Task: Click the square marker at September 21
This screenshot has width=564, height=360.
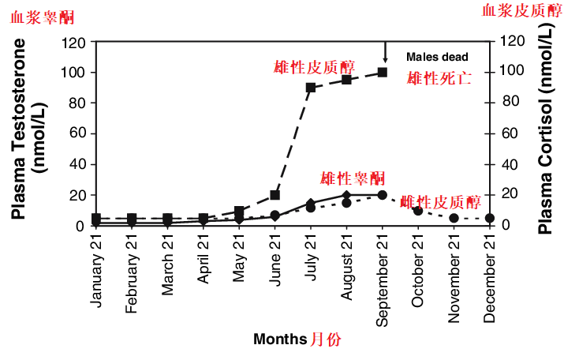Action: click(383, 73)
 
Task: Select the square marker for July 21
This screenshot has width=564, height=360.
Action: click(311, 88)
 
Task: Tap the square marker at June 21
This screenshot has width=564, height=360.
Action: click(275, 195)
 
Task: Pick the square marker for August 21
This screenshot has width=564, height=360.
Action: click(346, 80)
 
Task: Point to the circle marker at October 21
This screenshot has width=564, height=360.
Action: click(418, 211)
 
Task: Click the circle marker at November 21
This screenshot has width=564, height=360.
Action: click(454, 218)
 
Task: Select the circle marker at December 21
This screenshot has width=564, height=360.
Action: click(490, 218)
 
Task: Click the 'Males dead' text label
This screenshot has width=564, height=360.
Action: click(437, 57)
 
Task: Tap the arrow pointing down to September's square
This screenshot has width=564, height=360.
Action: click(385, 52)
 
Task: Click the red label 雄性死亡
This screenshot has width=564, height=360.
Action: click(439, 78)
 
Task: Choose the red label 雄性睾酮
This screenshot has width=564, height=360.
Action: click(353, 178)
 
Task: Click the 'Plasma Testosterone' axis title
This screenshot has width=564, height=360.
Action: click(19, 129)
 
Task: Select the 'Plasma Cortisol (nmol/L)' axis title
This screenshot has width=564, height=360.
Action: click(545, 129)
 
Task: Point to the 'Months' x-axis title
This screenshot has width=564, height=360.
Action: click(280, 339)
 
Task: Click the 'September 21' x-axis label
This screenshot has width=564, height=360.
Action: click(383, 281)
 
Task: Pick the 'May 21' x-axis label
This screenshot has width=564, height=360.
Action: click(239, 258)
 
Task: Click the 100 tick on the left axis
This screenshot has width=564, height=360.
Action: click(73, 73)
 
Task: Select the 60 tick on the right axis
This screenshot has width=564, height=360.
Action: click(510, 133)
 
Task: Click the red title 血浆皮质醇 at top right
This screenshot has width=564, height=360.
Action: click(522, 10)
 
